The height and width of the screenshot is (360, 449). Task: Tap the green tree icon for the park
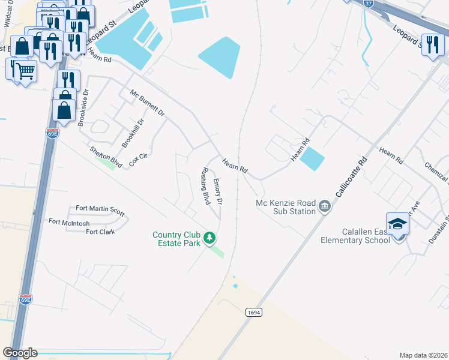[209, 238]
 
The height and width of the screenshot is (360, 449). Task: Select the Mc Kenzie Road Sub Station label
[286, 207]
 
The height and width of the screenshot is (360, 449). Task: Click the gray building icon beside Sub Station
[325, 207]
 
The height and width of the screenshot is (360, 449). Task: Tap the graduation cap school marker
[397, 224]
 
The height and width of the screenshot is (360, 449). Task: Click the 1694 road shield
[253, 312]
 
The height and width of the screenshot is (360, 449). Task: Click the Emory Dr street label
[218, 191]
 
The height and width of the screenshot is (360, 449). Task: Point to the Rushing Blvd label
[205, 187]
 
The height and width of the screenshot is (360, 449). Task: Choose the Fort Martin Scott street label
[100, 210]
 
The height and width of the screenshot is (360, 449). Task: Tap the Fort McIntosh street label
[69, 222]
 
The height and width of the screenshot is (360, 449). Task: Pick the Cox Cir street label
[139, 159]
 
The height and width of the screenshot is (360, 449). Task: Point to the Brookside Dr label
[83, 107]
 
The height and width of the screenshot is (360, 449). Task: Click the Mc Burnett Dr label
[147, 102]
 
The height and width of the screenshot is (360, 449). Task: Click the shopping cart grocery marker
[25, 71]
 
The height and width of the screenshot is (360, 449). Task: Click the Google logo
[20, 352]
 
